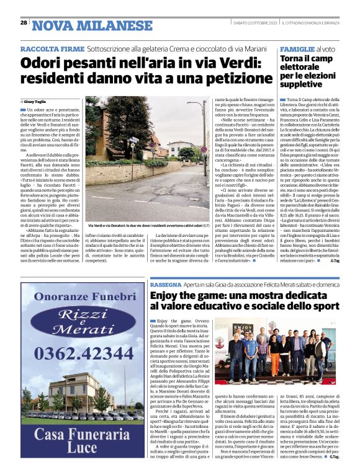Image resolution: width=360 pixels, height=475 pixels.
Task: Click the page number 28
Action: tap(24, 23)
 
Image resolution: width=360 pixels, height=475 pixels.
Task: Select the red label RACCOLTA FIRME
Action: tap(44, 48)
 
